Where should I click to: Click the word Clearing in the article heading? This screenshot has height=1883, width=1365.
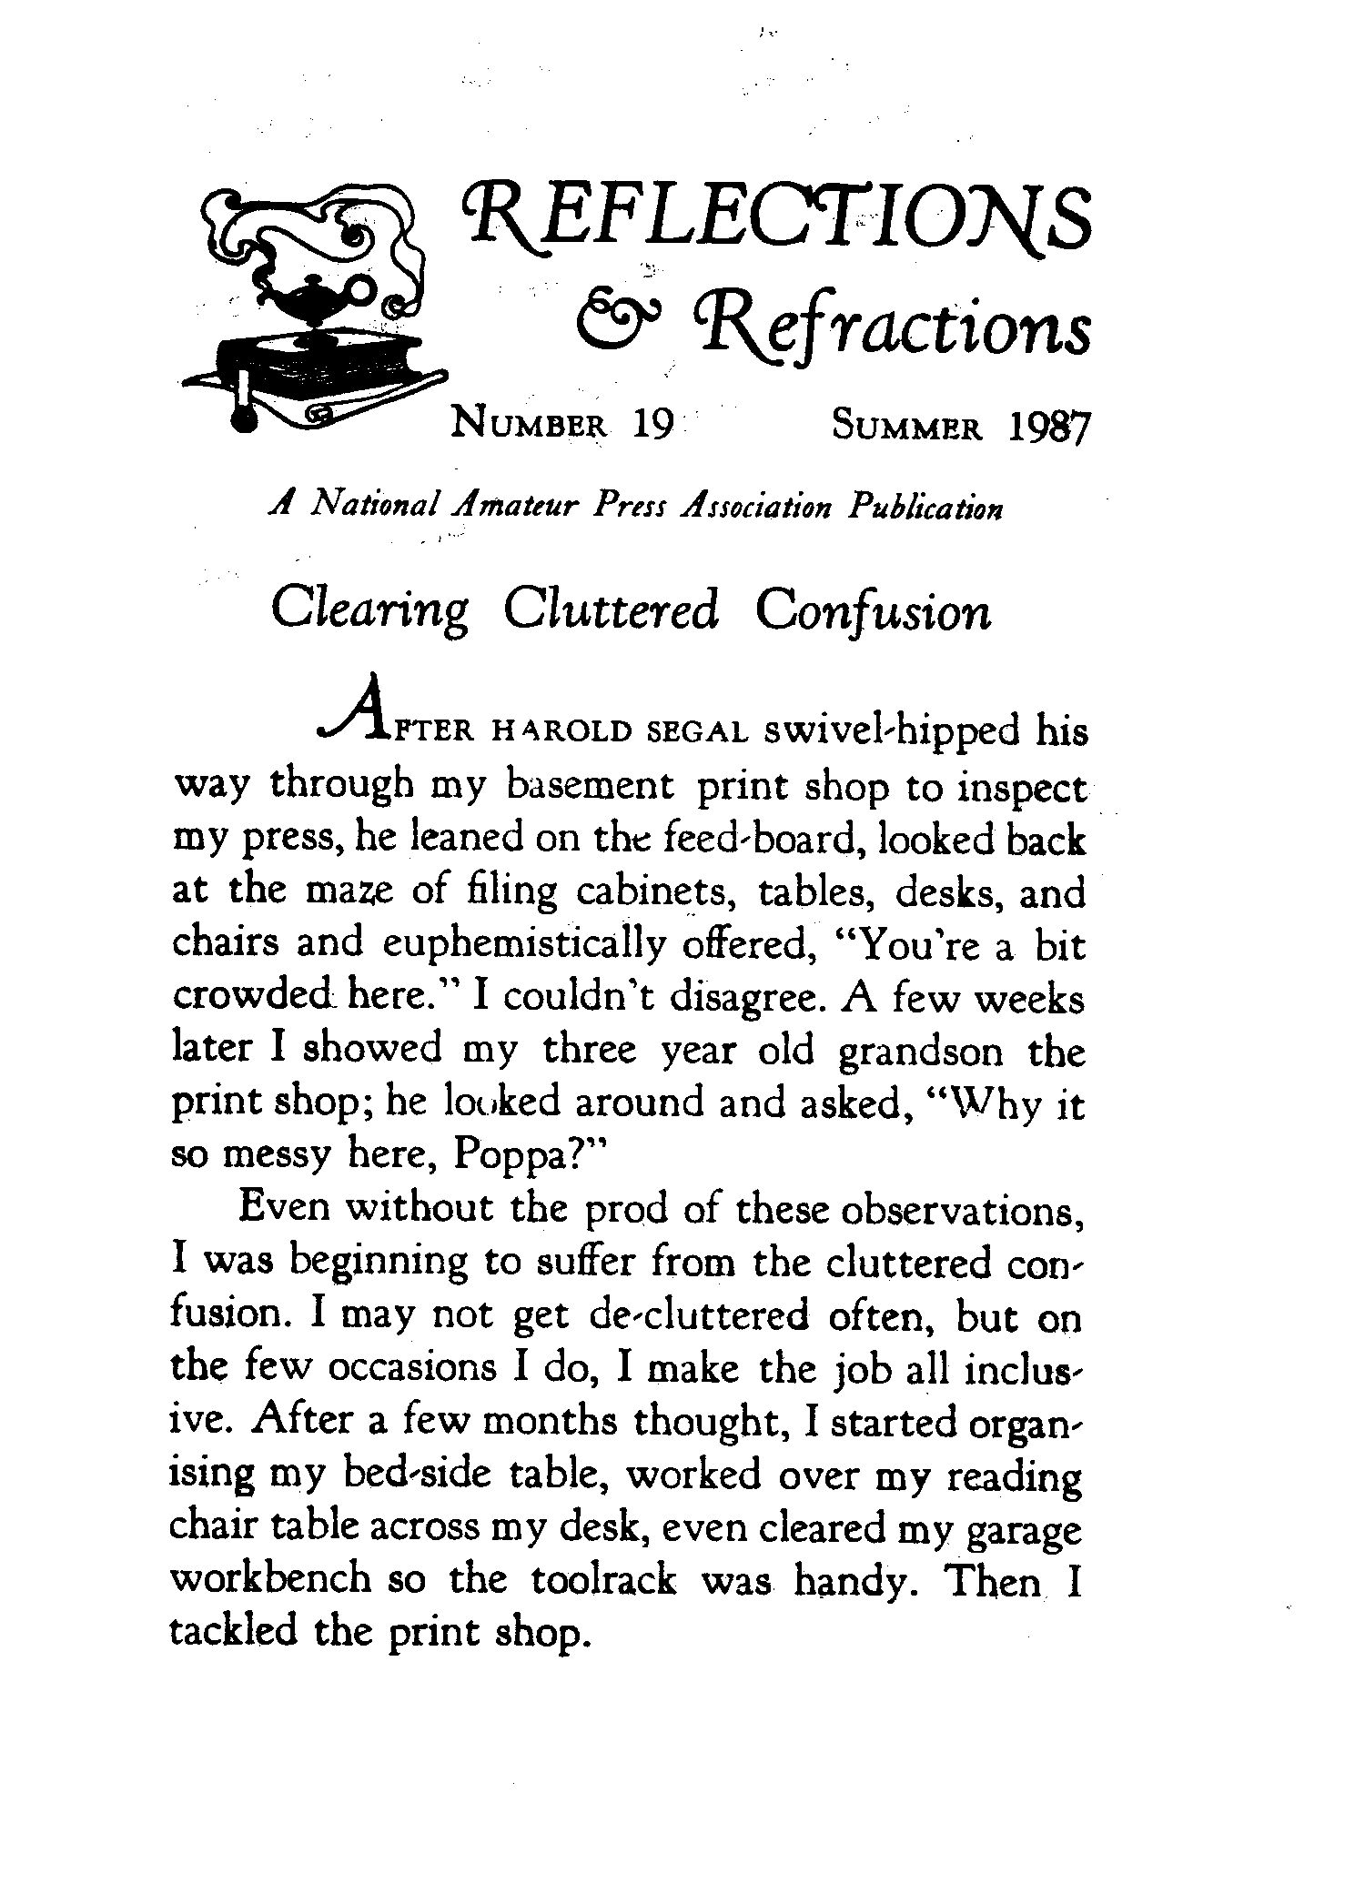point(369,612)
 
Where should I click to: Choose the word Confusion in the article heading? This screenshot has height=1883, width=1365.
point(873,612)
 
